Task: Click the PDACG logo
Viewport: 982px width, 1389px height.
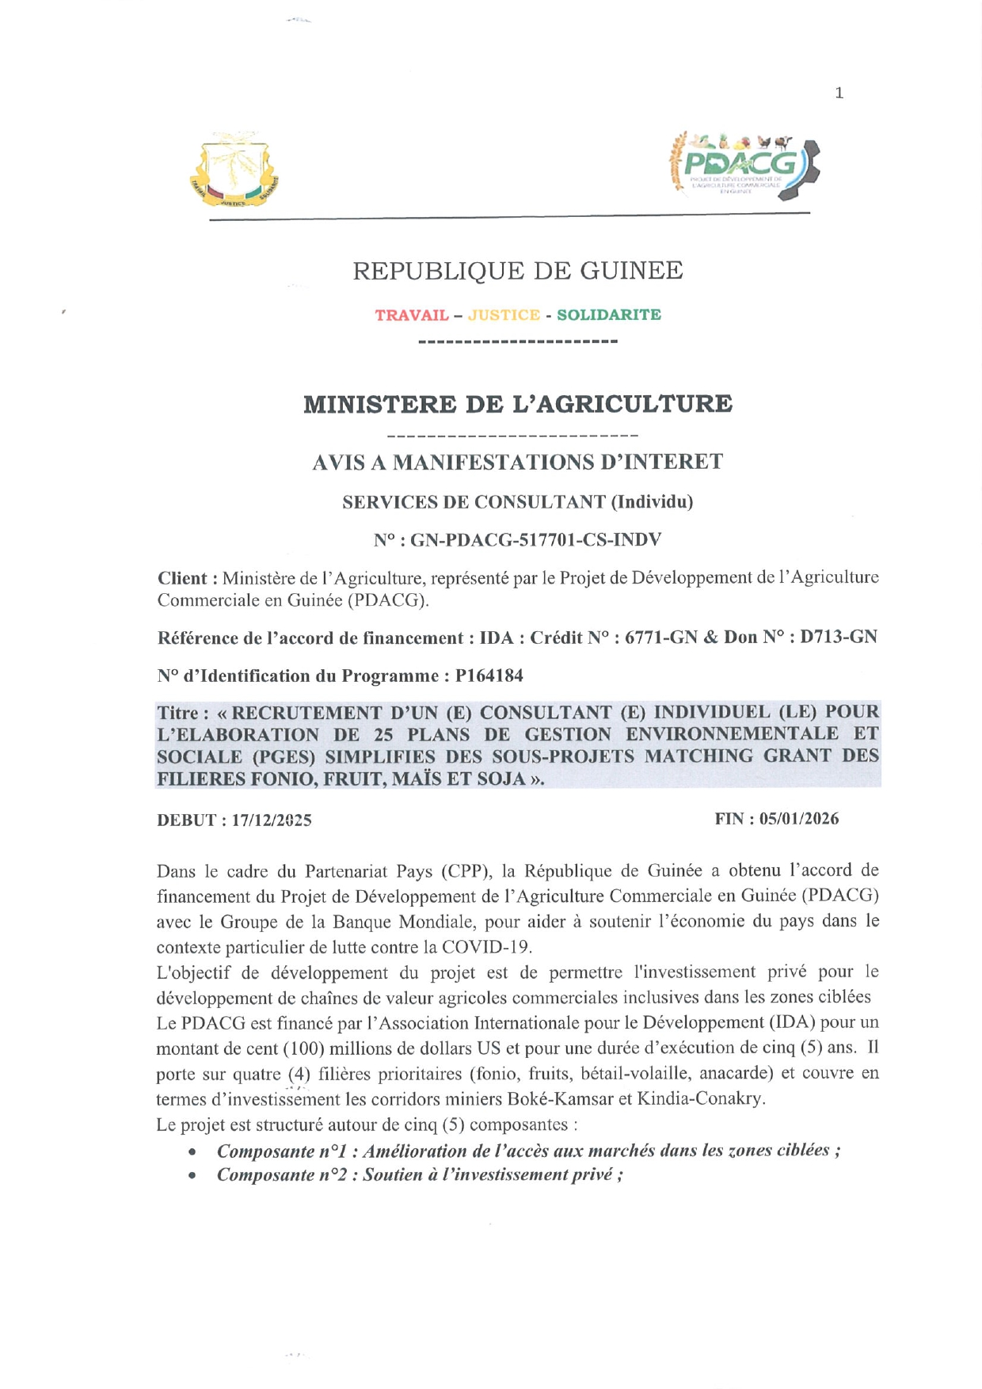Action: click(744, 166)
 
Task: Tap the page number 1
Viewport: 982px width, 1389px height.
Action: click(839, 93)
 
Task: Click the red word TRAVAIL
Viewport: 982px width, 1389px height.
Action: click(412, 315)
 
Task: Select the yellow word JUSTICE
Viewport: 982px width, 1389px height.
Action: click(504, 315)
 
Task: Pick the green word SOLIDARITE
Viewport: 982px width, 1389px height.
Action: click(609, 315)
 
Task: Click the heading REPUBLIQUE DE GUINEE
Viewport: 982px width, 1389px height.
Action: click(517, 271)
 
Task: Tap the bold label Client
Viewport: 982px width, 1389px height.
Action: click(183, 578)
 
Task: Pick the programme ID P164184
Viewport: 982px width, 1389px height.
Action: click(489, 676)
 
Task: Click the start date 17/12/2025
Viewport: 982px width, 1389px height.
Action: click(272, 820)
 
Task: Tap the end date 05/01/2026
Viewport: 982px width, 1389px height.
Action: click(799, 819)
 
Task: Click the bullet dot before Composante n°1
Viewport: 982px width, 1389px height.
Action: click(192, 1151)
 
